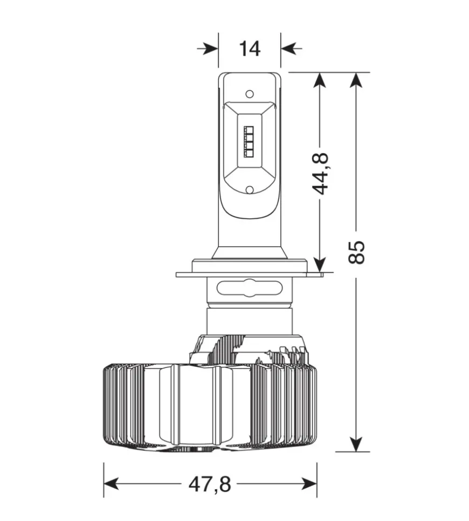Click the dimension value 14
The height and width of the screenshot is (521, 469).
tap(249, 48)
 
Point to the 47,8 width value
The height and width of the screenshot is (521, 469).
tap(210, 484)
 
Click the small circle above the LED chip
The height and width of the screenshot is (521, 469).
tap(250, 94)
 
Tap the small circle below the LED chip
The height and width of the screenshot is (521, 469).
tap(250, 190)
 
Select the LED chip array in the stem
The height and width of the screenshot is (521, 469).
tap(249, 141)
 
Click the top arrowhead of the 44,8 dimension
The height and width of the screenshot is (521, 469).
tap(320, 80)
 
